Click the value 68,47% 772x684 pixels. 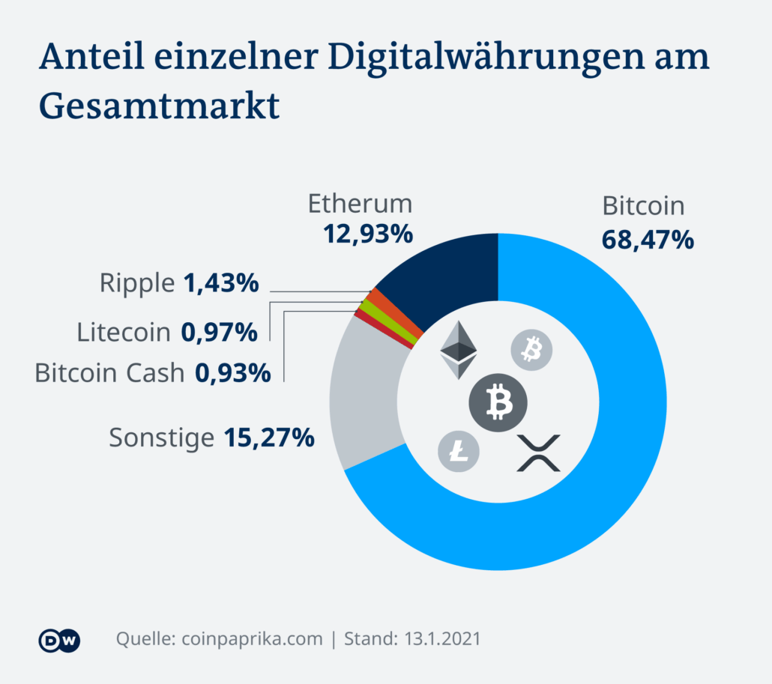(x=648, y=240)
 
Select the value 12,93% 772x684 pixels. (x=368, y=234)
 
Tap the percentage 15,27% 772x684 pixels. (x=268, y=438)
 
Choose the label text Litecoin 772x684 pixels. (x=124, y=332)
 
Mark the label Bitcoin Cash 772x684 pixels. (x=109, y=372)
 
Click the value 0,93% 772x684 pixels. (x=232, y=372)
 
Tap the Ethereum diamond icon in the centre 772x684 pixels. (x=458, y=350)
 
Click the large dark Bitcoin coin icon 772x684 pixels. (x=498, y=402)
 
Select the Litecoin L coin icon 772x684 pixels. (x=459, y=451)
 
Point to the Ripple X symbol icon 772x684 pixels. (x=539, y=453)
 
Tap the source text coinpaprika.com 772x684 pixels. (x=251, y=639)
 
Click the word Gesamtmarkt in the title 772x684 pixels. (x=159, y=106)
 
